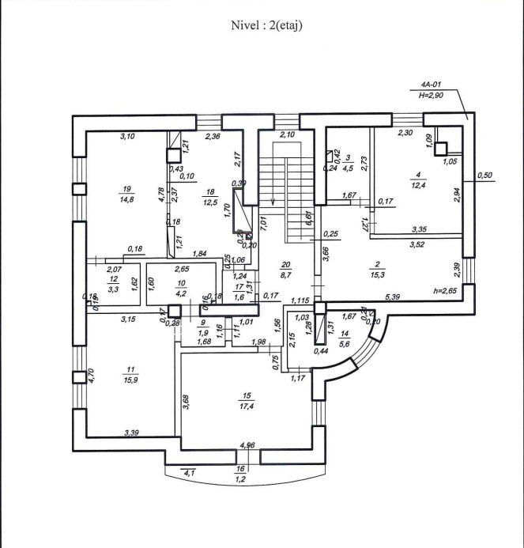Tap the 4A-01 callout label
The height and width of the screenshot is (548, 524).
(431, 84)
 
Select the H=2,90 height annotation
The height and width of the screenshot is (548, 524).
(432, 95)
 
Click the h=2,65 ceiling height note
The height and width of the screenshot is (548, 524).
(447, 290)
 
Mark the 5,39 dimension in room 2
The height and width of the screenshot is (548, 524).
(394, 297)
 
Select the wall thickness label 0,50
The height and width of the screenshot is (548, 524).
(484, 175)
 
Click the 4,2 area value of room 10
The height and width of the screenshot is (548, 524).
(181, 291)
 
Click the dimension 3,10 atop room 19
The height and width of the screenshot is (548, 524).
(127, 137)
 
